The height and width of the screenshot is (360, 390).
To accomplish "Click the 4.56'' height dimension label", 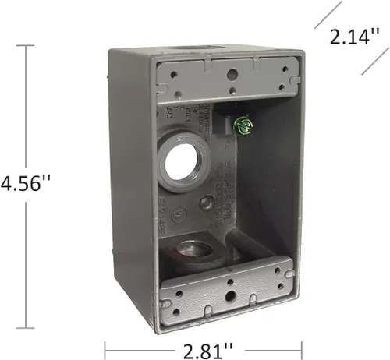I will click(x=26, y=185).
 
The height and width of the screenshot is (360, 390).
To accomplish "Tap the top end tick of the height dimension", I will click(x=30, y=46).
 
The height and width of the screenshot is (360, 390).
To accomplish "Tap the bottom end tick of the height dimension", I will click(x=30, y=331).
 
